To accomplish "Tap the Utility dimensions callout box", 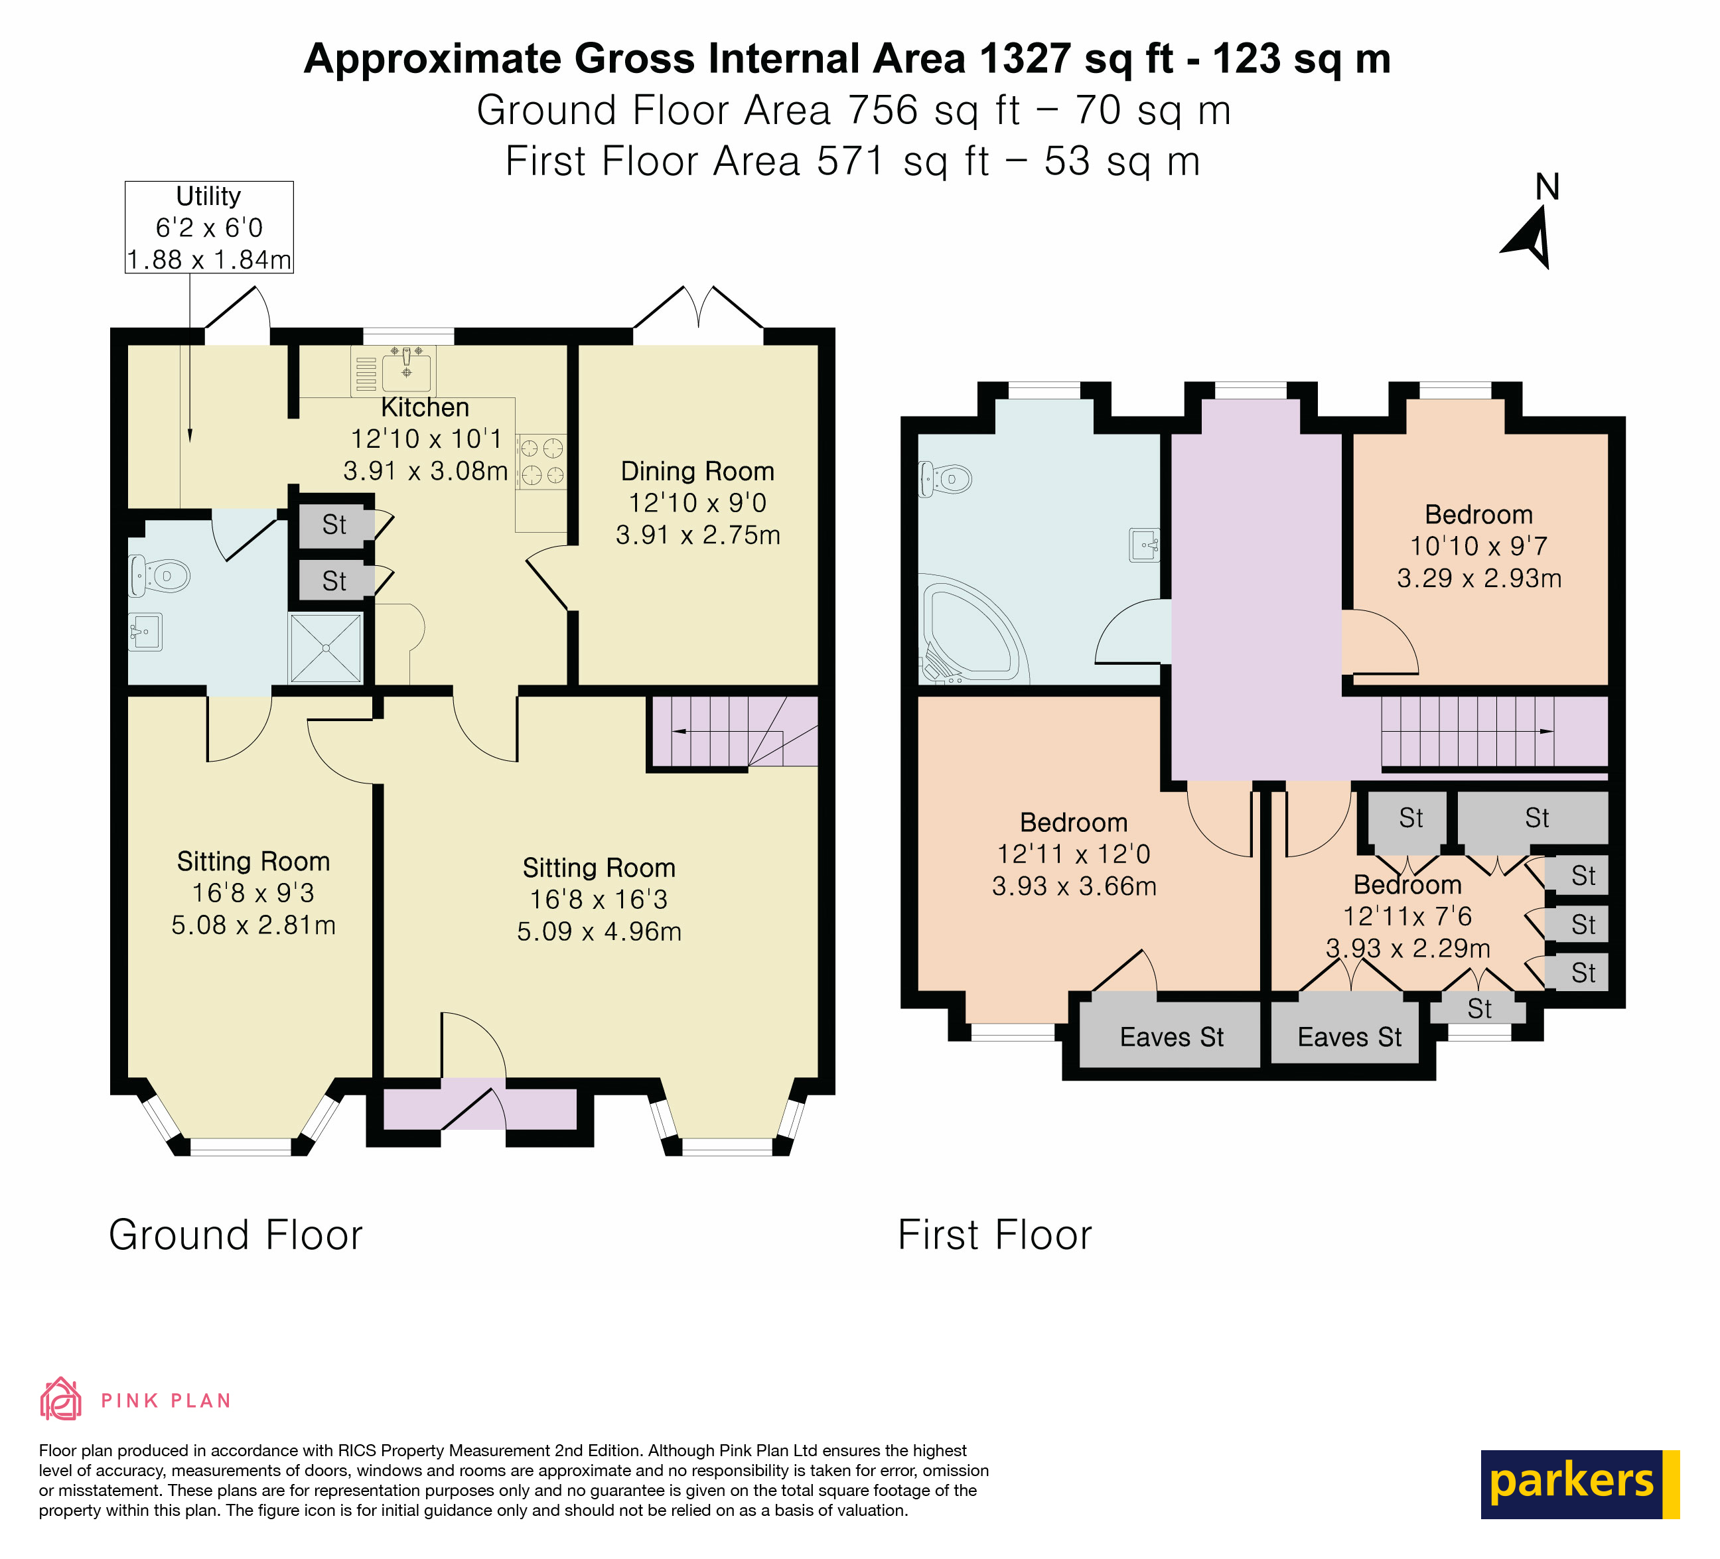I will [209, 228].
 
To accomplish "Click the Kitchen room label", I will [425, 407].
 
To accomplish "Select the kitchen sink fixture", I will [406, 370].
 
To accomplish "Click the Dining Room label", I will [697, 471].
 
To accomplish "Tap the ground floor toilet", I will [159, 576].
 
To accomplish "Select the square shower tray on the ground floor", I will [326, 649].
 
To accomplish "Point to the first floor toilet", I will [946, 479].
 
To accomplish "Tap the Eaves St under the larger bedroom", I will [1171, 1037].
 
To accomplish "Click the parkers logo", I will [1579, 1484].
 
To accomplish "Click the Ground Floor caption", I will [236, 1235].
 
